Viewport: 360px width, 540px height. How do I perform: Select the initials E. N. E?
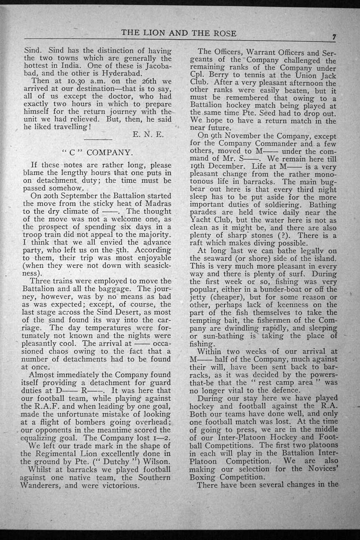point(148,134)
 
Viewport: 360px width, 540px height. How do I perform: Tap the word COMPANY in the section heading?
point(110,152)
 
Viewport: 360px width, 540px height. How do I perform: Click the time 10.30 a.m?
point(72,80)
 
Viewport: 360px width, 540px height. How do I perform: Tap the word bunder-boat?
point(285,290)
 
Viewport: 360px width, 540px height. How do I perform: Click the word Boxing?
point(203,477)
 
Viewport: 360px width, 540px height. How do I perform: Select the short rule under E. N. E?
point(98,139)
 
